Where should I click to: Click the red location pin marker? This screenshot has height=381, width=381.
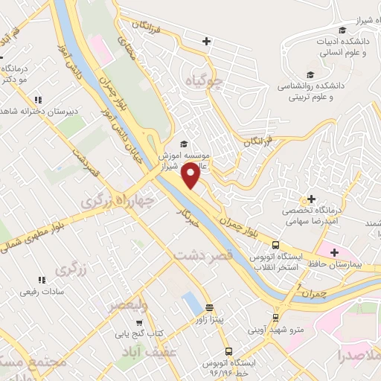pyautogui.click(x=191, y=176)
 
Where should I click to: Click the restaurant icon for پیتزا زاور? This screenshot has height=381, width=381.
pyautogui.click(x=209, y=307)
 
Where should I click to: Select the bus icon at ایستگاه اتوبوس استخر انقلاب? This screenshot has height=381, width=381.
pyautogui.click(x=275, y=245)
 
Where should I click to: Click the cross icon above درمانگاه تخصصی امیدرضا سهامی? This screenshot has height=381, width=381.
pyautogui.click(x=311, y=199)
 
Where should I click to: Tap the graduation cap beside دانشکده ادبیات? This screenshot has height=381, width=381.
pyautogui.click(x=342, y=31)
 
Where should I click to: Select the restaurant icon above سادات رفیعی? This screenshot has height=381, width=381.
pyautogui.click(x=41, y=280)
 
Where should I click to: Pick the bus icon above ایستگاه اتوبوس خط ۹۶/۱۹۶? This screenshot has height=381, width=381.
pyautogui.click(x=229, y=351)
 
